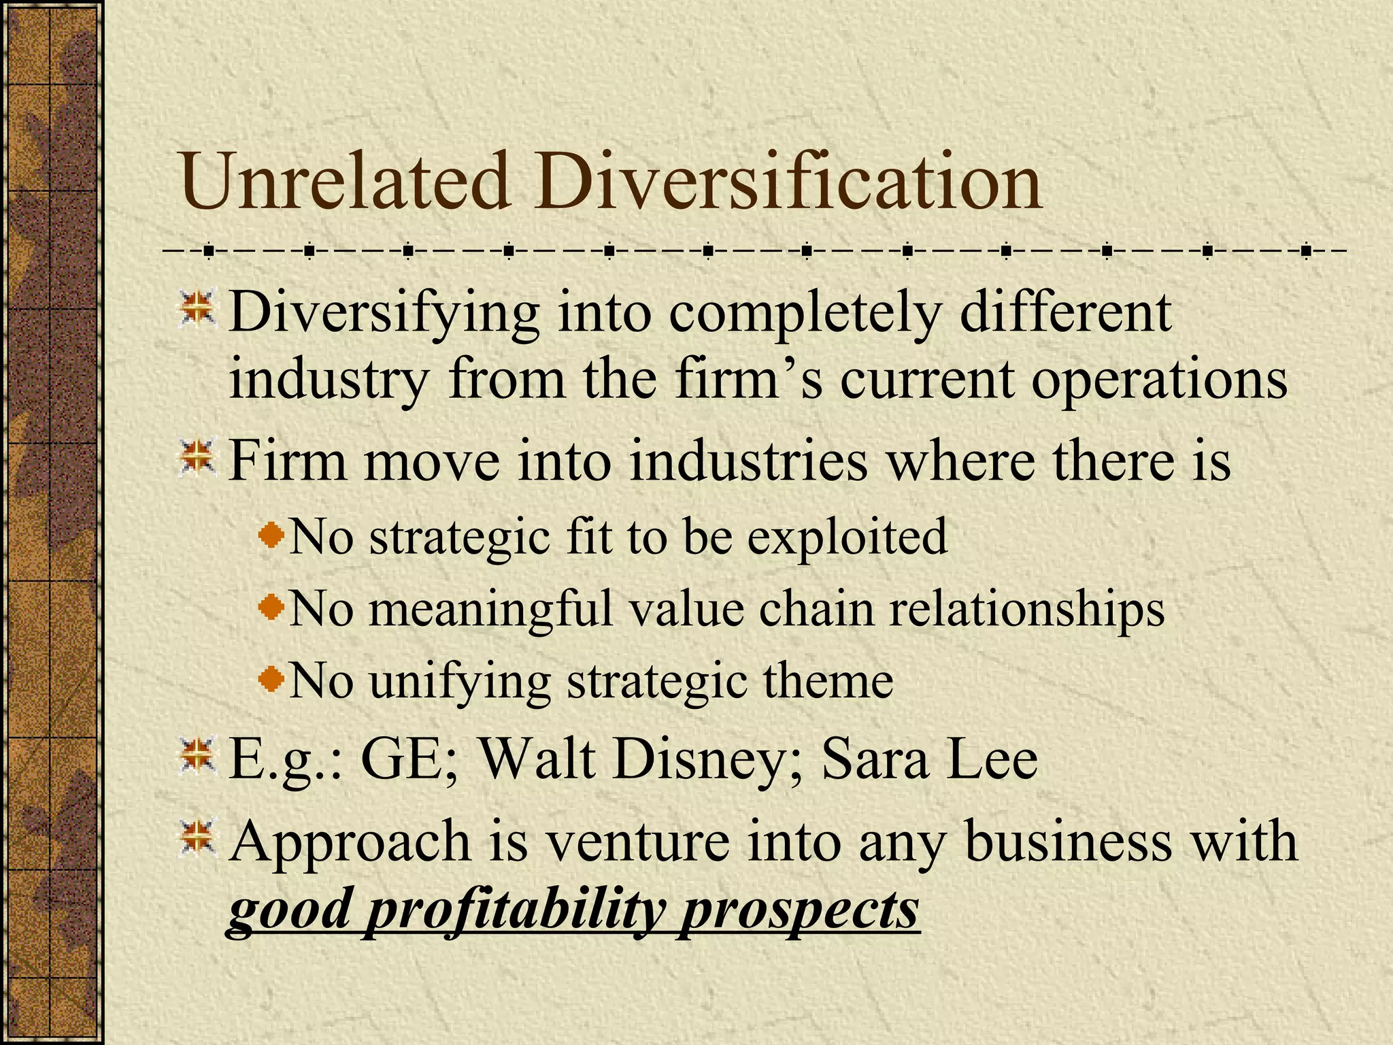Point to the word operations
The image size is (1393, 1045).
coord(1159,378)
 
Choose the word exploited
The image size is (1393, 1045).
coord(847,537)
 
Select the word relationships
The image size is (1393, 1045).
coord(1027,608)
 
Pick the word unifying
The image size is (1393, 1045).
coord(460,681)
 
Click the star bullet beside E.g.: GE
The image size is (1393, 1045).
coord(197,758)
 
